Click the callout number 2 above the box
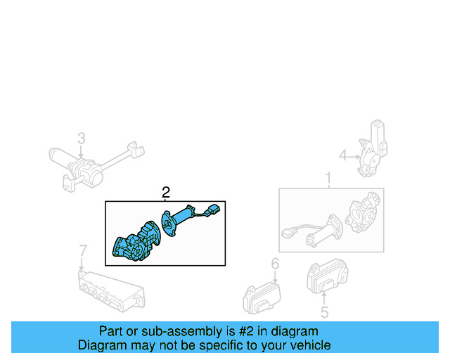coord(166,193)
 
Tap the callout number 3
coord(82,138)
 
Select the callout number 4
coord(343,155)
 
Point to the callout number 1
coord(328,179)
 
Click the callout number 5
coord(324,312)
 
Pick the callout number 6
coord(275,264)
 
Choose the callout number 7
coord(83,250)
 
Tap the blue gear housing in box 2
coord(136,241)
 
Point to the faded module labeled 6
coord(262,298)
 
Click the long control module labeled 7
coord(111,290)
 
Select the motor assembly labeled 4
coord(372,148)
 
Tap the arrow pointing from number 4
coord(354,157)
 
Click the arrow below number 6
coord(275,277)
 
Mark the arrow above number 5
coord(323,298)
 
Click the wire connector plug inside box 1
coord(288,232)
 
